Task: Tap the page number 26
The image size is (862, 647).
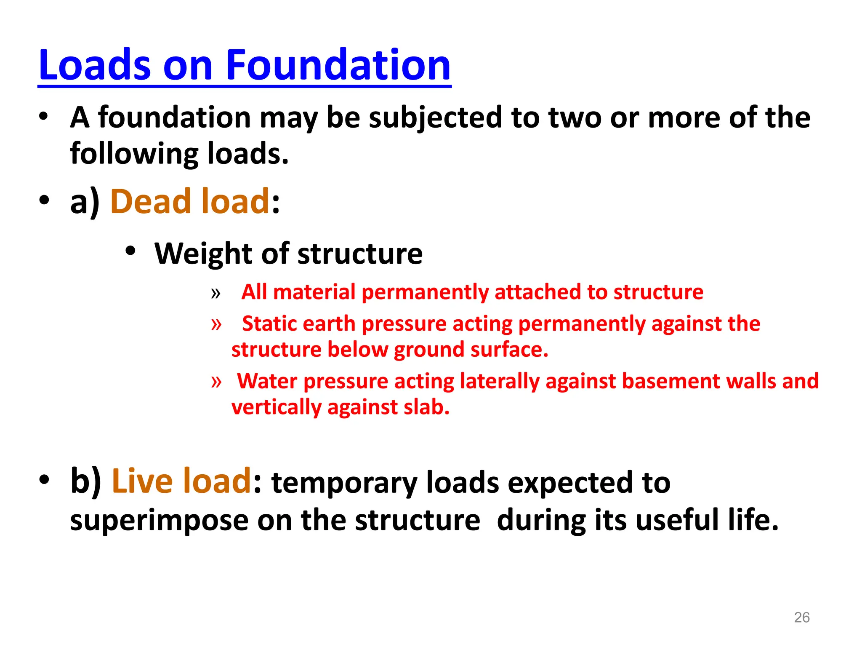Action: coord(801,617)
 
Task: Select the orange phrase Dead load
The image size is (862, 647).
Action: coord(189,201)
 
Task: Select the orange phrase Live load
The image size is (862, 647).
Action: coord(181,481)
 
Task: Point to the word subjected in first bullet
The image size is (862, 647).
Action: coord(435,118)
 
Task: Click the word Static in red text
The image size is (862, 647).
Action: coord(269,324)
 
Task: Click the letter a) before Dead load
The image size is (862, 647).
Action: coord(85,202)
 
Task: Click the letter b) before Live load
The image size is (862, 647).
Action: coord(85,481)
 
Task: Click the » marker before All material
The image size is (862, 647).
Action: coord(215,293)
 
